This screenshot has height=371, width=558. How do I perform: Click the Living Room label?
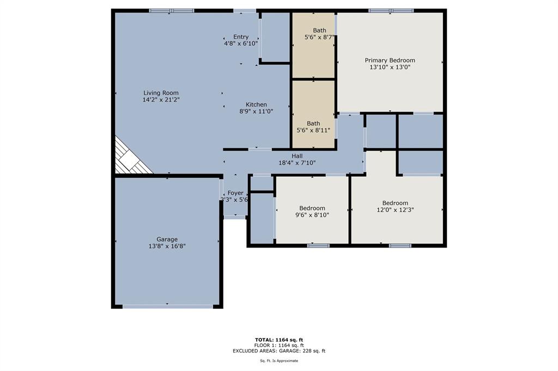(161, 93)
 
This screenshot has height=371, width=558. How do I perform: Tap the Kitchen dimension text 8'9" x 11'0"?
(256, 111)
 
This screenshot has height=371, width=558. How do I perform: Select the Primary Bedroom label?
(390, 60)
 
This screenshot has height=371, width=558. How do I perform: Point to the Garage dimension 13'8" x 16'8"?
(167, 246)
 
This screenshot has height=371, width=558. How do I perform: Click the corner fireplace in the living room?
(130, 158)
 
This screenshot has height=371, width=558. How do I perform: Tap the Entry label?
(241, 37)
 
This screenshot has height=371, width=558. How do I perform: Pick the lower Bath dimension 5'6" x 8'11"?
(313, 131)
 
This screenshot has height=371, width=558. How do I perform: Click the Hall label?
(297, 156)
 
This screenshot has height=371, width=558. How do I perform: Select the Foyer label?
(235, 193)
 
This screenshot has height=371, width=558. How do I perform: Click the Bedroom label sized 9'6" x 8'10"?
(312, 208)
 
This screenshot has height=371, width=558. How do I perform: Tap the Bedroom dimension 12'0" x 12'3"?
(396, 210)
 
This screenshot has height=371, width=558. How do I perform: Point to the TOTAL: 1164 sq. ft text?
(279, 340)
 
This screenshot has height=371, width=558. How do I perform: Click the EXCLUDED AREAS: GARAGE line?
(279, 351)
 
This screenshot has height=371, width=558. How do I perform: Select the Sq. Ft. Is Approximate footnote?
(279, 361)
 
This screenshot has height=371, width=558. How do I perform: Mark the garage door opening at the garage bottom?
(168, 306)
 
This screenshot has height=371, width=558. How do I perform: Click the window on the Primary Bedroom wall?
(391, 11)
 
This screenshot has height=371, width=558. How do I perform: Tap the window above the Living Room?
(172, 11)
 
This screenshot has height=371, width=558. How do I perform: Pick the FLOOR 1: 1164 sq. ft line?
(279, 345)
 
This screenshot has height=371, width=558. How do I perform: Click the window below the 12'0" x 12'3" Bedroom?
(400, 245)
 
